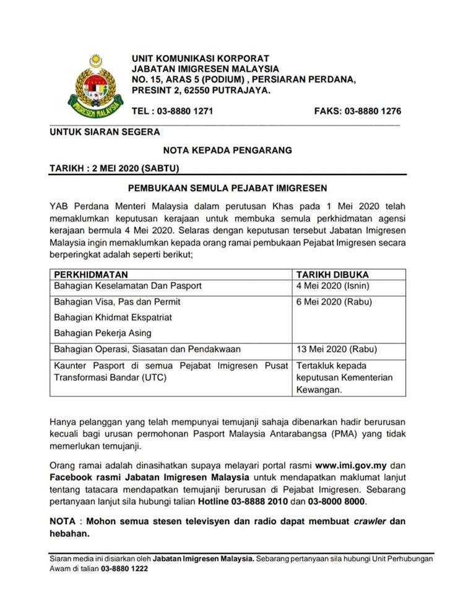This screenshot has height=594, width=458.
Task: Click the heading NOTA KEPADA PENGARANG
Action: [x=227, y=150]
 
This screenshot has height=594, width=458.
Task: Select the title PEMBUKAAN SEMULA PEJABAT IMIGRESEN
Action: [x=227, y=187]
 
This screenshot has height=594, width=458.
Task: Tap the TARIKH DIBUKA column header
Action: [x=332, y=275]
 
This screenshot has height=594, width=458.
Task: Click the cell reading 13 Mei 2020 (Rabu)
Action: [x=336, y=349]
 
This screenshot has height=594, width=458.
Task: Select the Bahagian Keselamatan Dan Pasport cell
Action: [x=128, y=286]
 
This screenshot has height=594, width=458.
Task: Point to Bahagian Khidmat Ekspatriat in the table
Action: [x=111, y=317]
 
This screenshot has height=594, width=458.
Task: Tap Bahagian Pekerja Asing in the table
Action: [x=102, y=333]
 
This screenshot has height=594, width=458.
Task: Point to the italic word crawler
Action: [x=371, y=521]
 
